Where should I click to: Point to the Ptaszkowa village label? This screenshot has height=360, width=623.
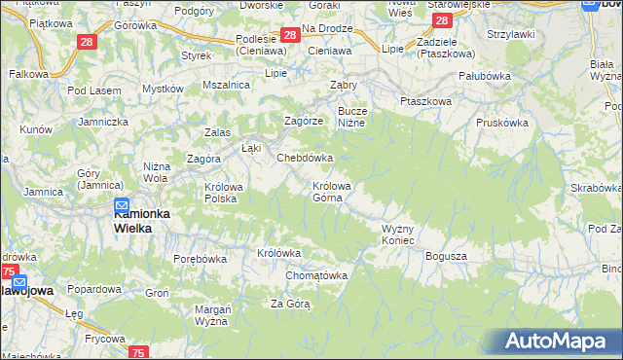tap(425, 100)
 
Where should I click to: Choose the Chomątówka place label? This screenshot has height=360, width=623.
tap(316, 275)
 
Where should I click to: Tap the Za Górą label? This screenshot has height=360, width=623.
tap(290, 304)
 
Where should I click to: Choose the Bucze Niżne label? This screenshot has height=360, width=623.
tap(351, 117)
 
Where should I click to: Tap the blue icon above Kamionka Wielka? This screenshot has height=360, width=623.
tap(122, 206)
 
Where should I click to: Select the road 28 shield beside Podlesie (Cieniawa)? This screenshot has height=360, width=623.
tap(289, 36)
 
